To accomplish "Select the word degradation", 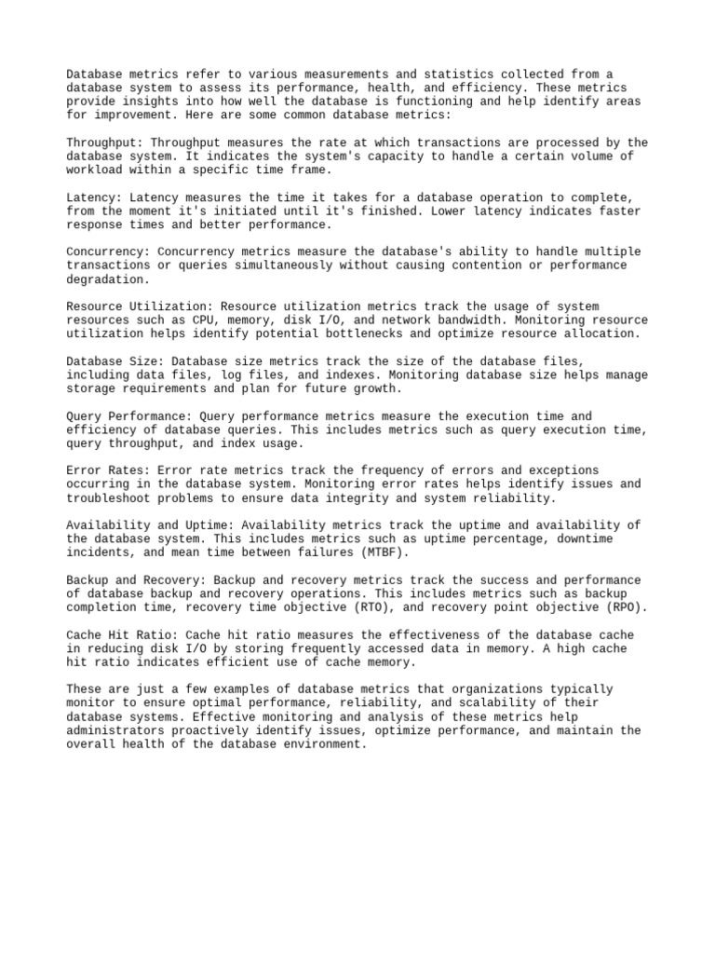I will click(x=105, y=279).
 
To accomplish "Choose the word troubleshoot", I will click(x=109, y=497).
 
